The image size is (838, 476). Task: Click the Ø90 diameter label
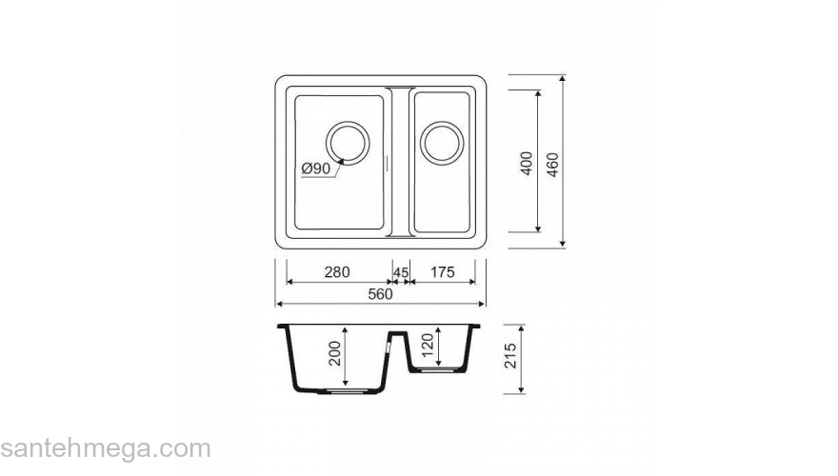316,169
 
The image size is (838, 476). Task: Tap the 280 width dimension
337,272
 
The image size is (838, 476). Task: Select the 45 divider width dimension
401,272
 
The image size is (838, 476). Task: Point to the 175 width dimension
443,272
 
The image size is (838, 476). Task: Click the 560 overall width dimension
381,294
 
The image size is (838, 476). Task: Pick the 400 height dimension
527,163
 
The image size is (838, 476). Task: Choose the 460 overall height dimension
552,165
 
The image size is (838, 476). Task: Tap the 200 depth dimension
334,353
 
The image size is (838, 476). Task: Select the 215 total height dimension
511,356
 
